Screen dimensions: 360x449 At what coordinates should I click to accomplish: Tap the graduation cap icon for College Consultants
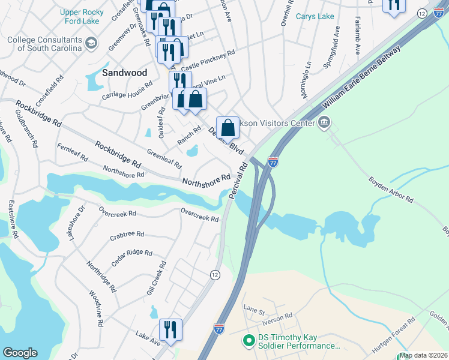tap(91, 43)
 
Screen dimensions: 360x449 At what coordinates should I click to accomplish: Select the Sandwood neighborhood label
tap(124, 73)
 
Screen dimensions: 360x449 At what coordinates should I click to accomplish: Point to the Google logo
tap(20, 353)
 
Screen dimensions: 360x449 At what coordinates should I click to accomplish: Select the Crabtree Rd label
tap(127, 235)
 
